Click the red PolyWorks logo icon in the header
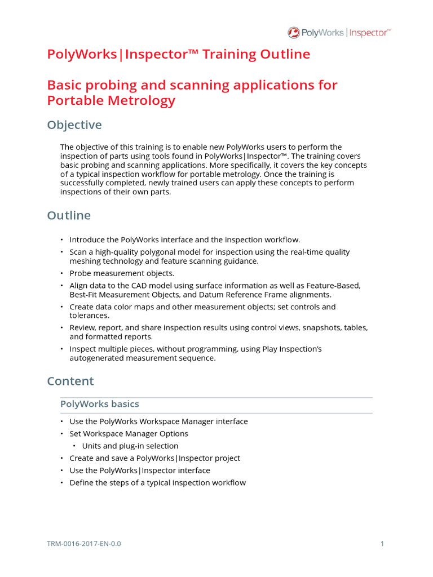294,33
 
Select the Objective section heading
74,125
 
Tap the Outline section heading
69,215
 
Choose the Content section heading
70,381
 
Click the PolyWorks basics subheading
99,404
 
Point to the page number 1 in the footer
382,544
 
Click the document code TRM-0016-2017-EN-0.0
84,544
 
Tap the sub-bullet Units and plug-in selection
130,446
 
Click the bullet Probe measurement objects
122,273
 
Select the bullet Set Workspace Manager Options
129,433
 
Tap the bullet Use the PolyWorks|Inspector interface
139,471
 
